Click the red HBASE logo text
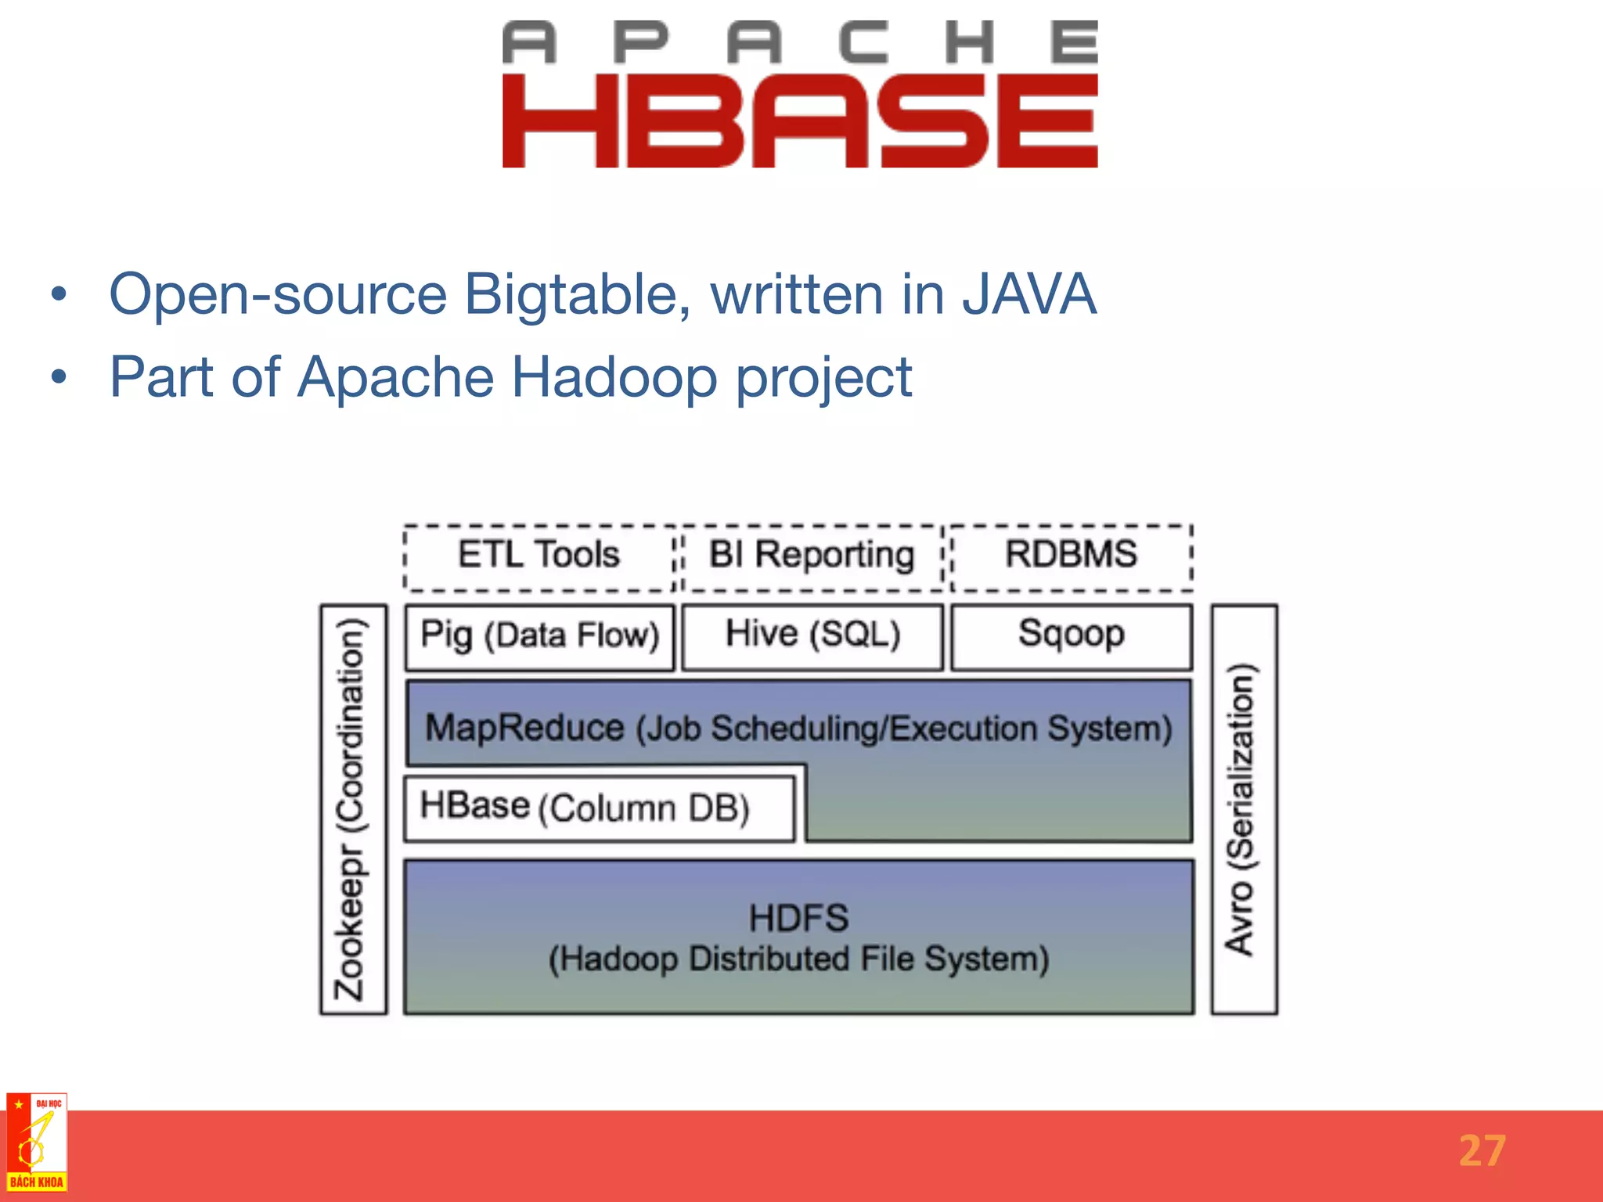[x=800, y=121]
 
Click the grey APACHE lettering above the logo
[x=800, y=42]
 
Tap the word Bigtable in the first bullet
[x=576, y=295]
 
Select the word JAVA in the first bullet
[x=1028, y=294]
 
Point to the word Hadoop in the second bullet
[x=614, y=377]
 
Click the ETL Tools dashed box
[x=539, y=556]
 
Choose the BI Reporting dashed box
[x=812, y=556]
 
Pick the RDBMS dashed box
[x=1071, y=556]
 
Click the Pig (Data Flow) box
[x=539, y=635]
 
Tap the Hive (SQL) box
[x=812, y=635]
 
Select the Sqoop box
[x=1071, y=635]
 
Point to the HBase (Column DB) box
[x=599, y=808]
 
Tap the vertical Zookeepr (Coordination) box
[x=352, y=809]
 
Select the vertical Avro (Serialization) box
[x=1243, y=809]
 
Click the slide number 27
[x=1482, y=1151]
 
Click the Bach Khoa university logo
[x=37, y=1143]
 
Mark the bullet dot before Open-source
[x=59, y=296]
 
